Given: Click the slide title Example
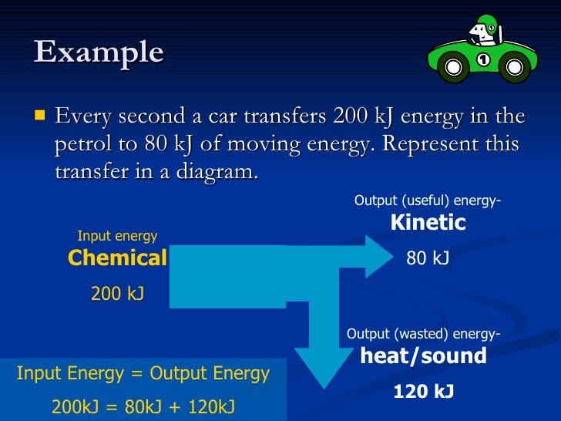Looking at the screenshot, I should point(99,52).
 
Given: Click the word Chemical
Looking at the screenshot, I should point(117,258).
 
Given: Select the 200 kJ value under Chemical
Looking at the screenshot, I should point(117,293).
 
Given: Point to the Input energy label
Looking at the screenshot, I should point(117,236).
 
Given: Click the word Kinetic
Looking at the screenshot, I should point(428,223).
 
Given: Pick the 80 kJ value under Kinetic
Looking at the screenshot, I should point(428,259).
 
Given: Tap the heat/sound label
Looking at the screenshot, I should point(424,356).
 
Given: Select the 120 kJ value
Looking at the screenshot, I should point(423,392).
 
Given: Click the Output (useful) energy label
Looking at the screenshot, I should point(428,201).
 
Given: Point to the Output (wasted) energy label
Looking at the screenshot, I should point(423,334).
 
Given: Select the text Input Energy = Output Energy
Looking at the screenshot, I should point(143,374).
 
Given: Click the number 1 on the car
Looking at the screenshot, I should point(483,59).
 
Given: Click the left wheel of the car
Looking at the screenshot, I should point(454,70).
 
